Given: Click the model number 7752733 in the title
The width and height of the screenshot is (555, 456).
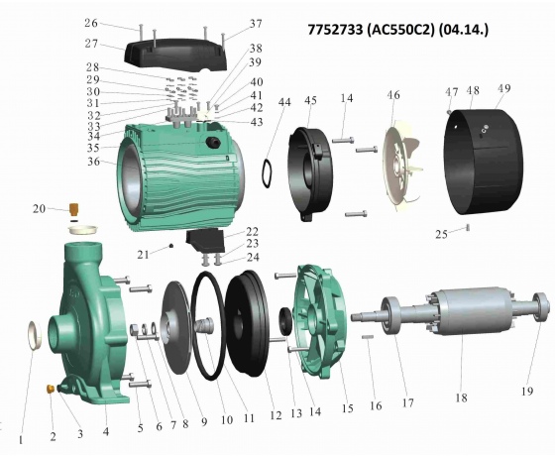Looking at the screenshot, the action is (335, 30).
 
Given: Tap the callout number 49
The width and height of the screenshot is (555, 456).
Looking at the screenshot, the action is (504, 88).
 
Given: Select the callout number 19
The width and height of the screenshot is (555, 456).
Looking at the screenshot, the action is (527, 391).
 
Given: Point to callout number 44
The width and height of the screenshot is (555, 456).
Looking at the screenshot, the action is (284, 102).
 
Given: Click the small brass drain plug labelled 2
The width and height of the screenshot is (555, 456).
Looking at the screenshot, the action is (51, 389).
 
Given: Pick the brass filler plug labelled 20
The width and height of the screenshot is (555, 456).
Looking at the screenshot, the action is (74, 209).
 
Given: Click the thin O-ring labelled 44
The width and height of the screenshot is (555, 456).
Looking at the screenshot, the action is (267, 173).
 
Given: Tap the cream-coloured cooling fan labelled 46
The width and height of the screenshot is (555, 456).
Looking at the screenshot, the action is (401, 166).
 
